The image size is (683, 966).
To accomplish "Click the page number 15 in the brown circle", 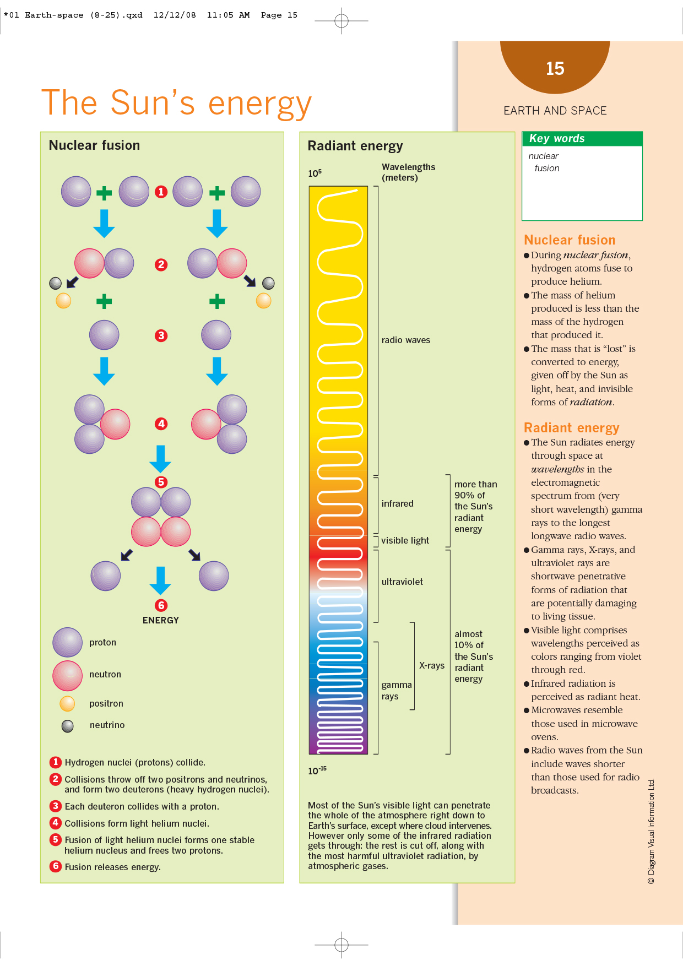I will pos(555,68).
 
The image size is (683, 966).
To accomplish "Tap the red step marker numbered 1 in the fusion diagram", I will pos(161,192).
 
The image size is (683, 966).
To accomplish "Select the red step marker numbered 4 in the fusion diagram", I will pos(161,424).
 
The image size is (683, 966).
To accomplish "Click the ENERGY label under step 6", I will pos(160,620).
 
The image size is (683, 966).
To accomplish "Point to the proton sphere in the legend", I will pos(68,642).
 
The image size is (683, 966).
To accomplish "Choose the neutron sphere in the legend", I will pos(68,675).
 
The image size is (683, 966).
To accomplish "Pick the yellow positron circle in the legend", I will pos(67,703).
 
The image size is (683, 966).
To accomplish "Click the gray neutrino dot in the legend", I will pos(68,726).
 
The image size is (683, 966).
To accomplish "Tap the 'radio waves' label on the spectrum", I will pos(406,340).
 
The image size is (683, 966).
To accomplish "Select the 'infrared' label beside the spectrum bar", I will pos(397,503).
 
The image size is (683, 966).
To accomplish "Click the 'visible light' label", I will pos(405,540).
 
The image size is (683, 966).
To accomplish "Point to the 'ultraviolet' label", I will pos(402,582).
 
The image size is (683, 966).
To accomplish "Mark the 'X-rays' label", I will pos(432,665).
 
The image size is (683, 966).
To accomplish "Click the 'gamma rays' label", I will pos(396,690).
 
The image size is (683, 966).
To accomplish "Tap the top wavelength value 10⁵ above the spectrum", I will pos(315,173).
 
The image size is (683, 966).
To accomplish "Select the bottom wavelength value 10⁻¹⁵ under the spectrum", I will pos(317,770).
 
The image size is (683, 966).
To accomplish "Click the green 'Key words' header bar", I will pos(582,138).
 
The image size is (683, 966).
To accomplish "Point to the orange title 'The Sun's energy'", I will pos(176,103).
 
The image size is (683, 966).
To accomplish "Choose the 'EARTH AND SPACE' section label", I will pos(555,111).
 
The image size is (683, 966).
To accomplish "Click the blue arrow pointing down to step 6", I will pos(160,580).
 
